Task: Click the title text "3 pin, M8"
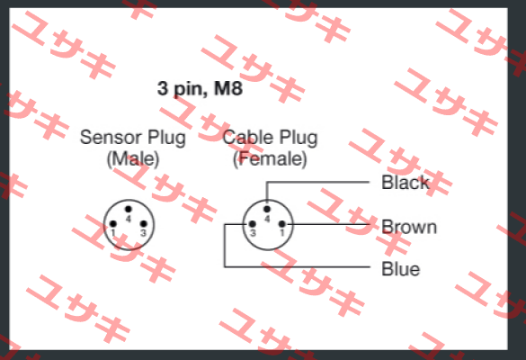[200, 89]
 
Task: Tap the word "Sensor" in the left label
[111, 138]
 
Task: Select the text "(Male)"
[133, 158]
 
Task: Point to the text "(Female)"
[270, 158]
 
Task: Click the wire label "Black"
[406, 183]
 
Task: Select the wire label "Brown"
[409, 227]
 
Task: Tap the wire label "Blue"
[400, 269]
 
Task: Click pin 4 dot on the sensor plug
[129, 209]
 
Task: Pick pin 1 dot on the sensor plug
[113, 224]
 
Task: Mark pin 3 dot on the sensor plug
[143, 224]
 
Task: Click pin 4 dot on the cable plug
[267, 209]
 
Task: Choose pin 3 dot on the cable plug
[253, 224]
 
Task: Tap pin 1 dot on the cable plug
[281, 224]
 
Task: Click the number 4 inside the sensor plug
[129, 219]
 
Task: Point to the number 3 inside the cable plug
[253, 233]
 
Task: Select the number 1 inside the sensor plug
[113, 233]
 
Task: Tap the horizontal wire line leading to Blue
[298, 267]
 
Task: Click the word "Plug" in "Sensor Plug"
[166, 138]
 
